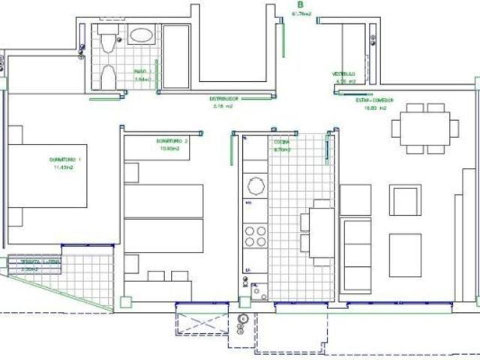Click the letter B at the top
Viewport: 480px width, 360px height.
tap(301, 4)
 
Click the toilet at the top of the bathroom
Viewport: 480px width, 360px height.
tap(108, 40)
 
